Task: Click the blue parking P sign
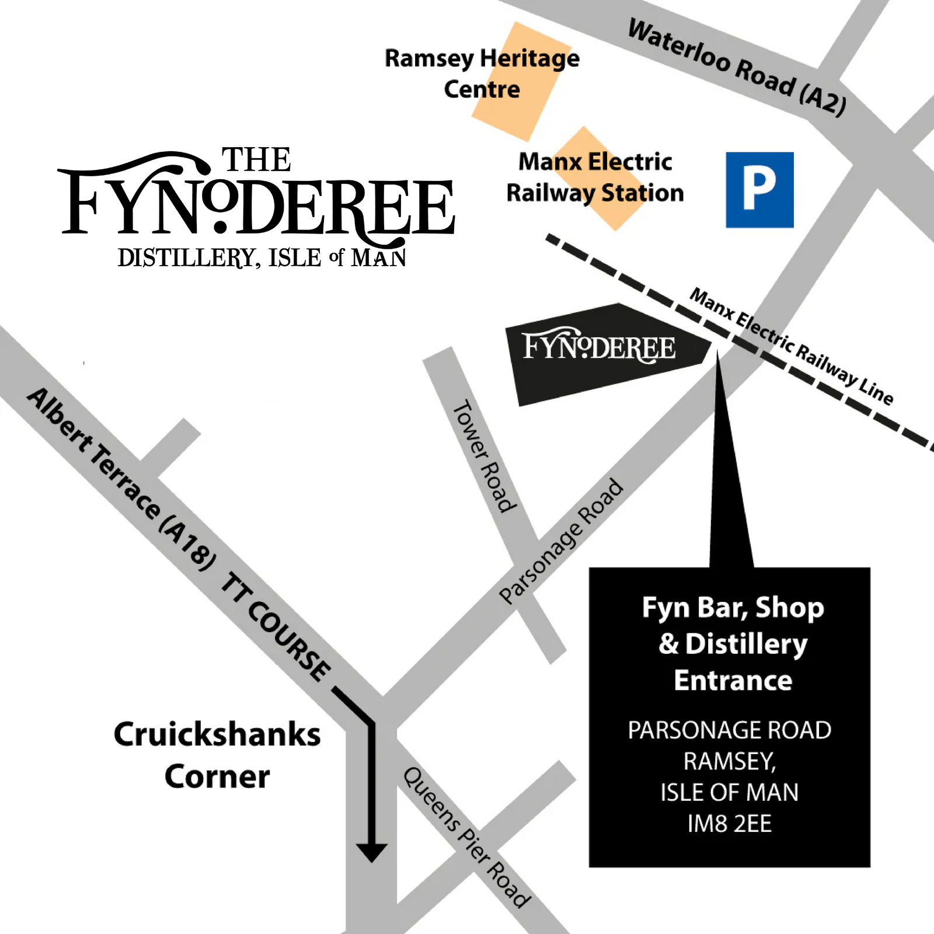pos(759,190)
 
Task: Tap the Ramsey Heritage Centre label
pos(482,74)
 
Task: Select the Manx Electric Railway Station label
pos(595,177)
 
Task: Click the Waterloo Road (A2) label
pos(737,67)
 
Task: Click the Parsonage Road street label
pos(561,541)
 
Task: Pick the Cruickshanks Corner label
pos(217,755)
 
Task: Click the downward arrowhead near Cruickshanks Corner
pos(371,852)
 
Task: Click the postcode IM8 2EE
pos(729,824)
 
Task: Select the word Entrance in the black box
pos(733,681)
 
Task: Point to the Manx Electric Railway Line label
pos(791,346)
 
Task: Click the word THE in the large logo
pos(256,160)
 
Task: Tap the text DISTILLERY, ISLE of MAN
pos(262,258)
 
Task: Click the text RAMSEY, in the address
pos(729,761)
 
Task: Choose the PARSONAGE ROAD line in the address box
pos(729,730)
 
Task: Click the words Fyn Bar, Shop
pos(733,608)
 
